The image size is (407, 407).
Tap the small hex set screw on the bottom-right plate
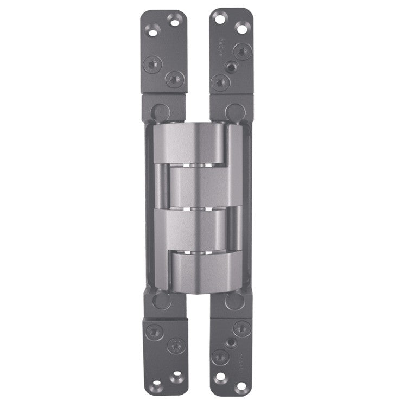232,342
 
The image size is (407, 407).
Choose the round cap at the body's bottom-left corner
158,300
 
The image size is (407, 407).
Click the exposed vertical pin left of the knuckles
161,185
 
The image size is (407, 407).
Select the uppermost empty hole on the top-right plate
221,18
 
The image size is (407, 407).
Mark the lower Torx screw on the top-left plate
173,79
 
